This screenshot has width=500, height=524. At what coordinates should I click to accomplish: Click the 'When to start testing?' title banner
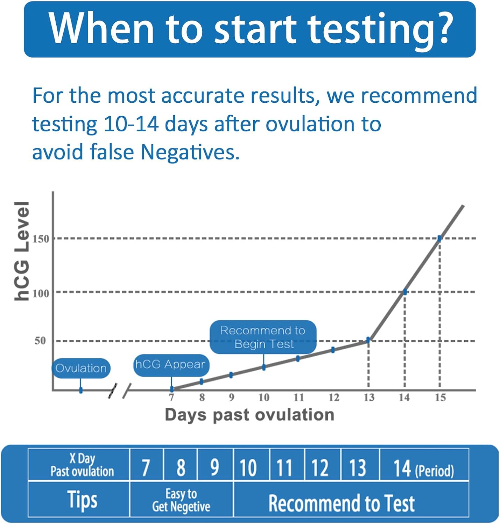point(249,29)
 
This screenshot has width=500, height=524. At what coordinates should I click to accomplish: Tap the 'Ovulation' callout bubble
point(81,368)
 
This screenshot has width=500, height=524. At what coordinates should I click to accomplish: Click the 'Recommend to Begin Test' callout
point(263,337)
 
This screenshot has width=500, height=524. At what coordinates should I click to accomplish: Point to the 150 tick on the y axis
point(41,239)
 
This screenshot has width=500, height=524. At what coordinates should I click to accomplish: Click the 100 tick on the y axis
point(41,293)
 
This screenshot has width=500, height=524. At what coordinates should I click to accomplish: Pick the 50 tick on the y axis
point(40,341)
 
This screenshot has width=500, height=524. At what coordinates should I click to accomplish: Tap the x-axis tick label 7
point(171,398)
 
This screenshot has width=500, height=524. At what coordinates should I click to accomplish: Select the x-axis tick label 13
point(369,398)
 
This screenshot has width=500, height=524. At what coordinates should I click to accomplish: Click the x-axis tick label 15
point(440,398)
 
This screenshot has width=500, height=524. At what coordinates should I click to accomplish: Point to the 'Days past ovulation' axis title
point(249,415)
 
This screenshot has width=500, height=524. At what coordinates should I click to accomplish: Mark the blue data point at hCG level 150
point(439,239)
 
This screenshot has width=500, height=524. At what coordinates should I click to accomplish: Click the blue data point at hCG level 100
point(405,292)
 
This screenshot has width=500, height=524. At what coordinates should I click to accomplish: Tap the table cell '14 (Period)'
point(423,468)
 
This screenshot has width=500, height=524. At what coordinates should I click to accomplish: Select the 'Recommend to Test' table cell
point(341,503)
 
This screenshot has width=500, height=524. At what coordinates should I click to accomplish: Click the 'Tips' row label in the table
point(82,500)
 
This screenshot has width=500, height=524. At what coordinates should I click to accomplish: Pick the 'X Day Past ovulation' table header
point(82,465)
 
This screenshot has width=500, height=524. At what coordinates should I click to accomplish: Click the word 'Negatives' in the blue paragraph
point(190,152)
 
